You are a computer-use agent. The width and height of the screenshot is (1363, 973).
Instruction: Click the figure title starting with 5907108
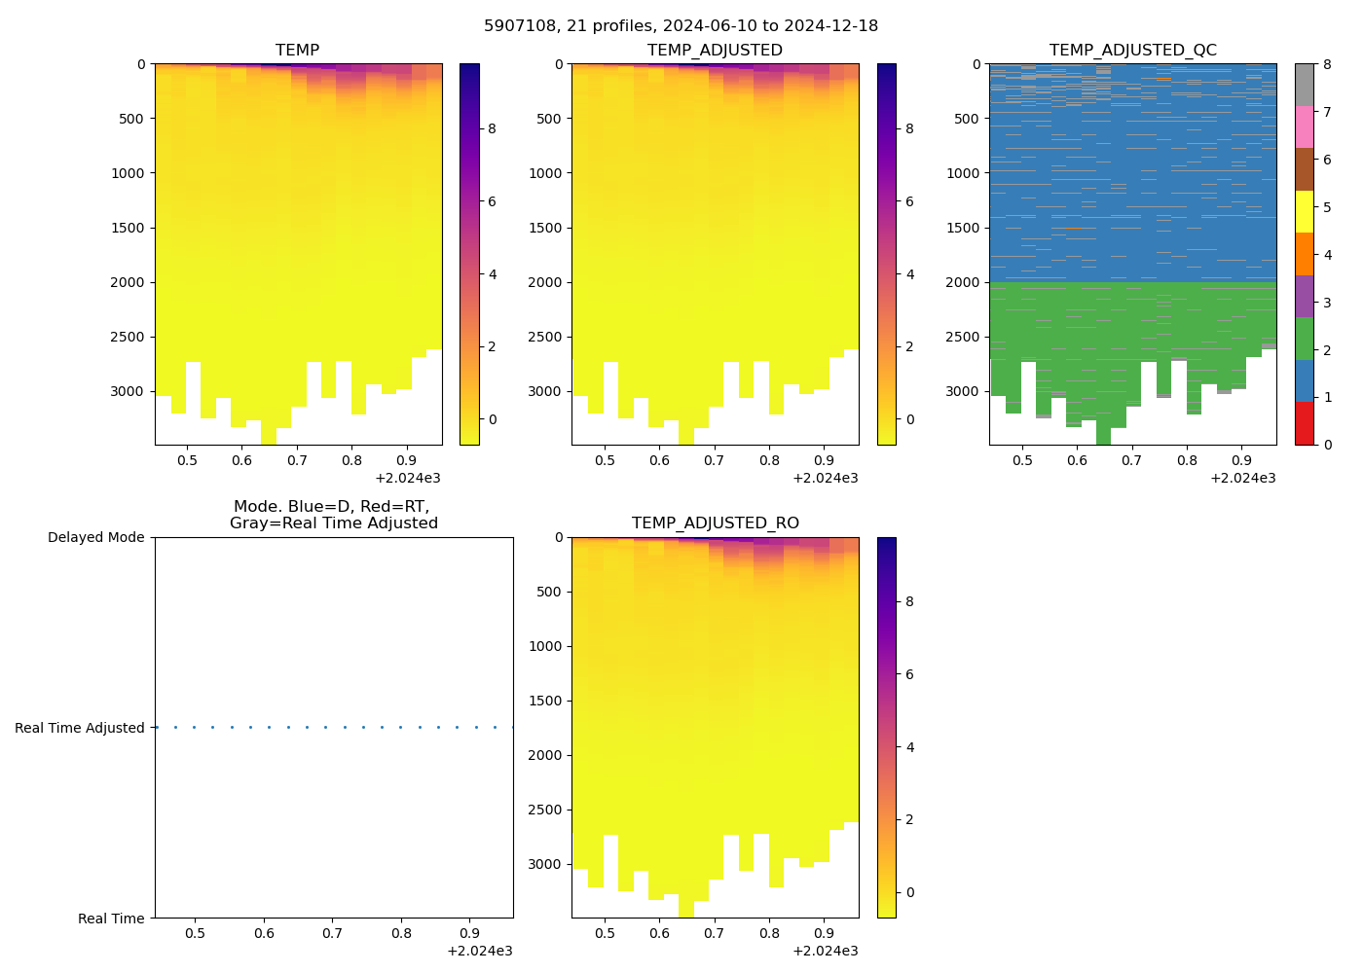tap(681, 26)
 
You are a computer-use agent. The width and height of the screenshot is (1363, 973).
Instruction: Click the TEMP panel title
tap(297, 51)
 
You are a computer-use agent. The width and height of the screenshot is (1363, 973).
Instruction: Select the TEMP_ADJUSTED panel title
tap(715, 51)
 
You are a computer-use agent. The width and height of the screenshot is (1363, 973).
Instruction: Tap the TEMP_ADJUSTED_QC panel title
tap(1132, 51)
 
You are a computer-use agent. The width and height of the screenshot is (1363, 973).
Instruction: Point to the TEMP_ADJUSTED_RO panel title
tap(715, 523)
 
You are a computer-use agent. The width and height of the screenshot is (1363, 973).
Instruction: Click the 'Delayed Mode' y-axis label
tap(95, 538)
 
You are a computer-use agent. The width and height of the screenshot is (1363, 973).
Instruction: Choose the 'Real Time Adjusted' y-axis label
tap(79, 728)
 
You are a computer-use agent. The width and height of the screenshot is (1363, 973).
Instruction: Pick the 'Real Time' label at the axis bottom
tap(111, 919)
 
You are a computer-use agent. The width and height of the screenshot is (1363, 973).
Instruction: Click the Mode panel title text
tap(333, 515)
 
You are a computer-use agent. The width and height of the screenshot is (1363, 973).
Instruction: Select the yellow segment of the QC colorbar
tap(1304, 211)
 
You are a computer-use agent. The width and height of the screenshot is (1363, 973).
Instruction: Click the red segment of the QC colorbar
tap(1304, 423)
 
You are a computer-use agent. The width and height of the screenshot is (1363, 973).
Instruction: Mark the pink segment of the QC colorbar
tap(1304, 126)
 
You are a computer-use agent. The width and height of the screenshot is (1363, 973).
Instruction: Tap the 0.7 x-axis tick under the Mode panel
tap(333, 934)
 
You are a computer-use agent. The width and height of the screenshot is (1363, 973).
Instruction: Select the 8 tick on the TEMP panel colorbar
tap(492, 128)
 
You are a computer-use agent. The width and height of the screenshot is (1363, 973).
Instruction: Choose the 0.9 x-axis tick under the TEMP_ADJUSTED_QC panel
tap(1241, 461)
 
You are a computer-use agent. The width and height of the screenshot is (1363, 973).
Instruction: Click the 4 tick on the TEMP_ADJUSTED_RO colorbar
tap(909, 747)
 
